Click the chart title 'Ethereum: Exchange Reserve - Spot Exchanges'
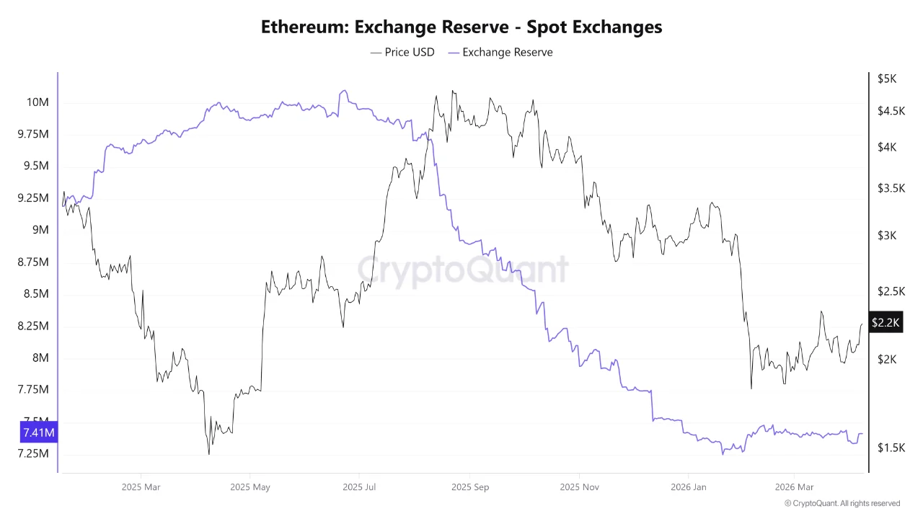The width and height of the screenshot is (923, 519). pyautogui.click(x=461, y=27)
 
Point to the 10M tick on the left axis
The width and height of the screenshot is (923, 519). pyautogui.click(x=37, y=102)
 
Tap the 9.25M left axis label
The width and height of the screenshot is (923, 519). pyautogui.click(x=32, y=198)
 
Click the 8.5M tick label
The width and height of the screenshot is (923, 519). pyautogui.click(x=36, y=294)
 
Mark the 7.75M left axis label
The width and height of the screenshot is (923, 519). pyautogui.click(x=32, y=390)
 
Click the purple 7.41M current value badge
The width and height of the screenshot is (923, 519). pyautogui.click(x=38, y=432)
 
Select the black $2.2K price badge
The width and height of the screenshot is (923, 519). pyautogui.click(x=885, y=322)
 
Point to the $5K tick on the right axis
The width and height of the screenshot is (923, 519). pyautogui.click(x=886, y=79)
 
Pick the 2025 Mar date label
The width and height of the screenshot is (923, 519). pyautogui.click(x=141, y=487)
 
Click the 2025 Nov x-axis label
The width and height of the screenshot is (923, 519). pyautogui.click(x=579, y=487)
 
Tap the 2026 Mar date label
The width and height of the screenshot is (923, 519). pyautogui.click(x=794, y=487)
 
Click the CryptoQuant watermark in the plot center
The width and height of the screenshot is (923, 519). pyautogui.click(x=463, y=270)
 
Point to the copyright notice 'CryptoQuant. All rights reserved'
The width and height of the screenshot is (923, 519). pyautogui.click(x=842, y=503)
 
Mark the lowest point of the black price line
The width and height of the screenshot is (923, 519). pyautogui.click(x=209, y=453)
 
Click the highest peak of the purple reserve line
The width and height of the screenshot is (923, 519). pyautogui.click(x=344, y=90)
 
